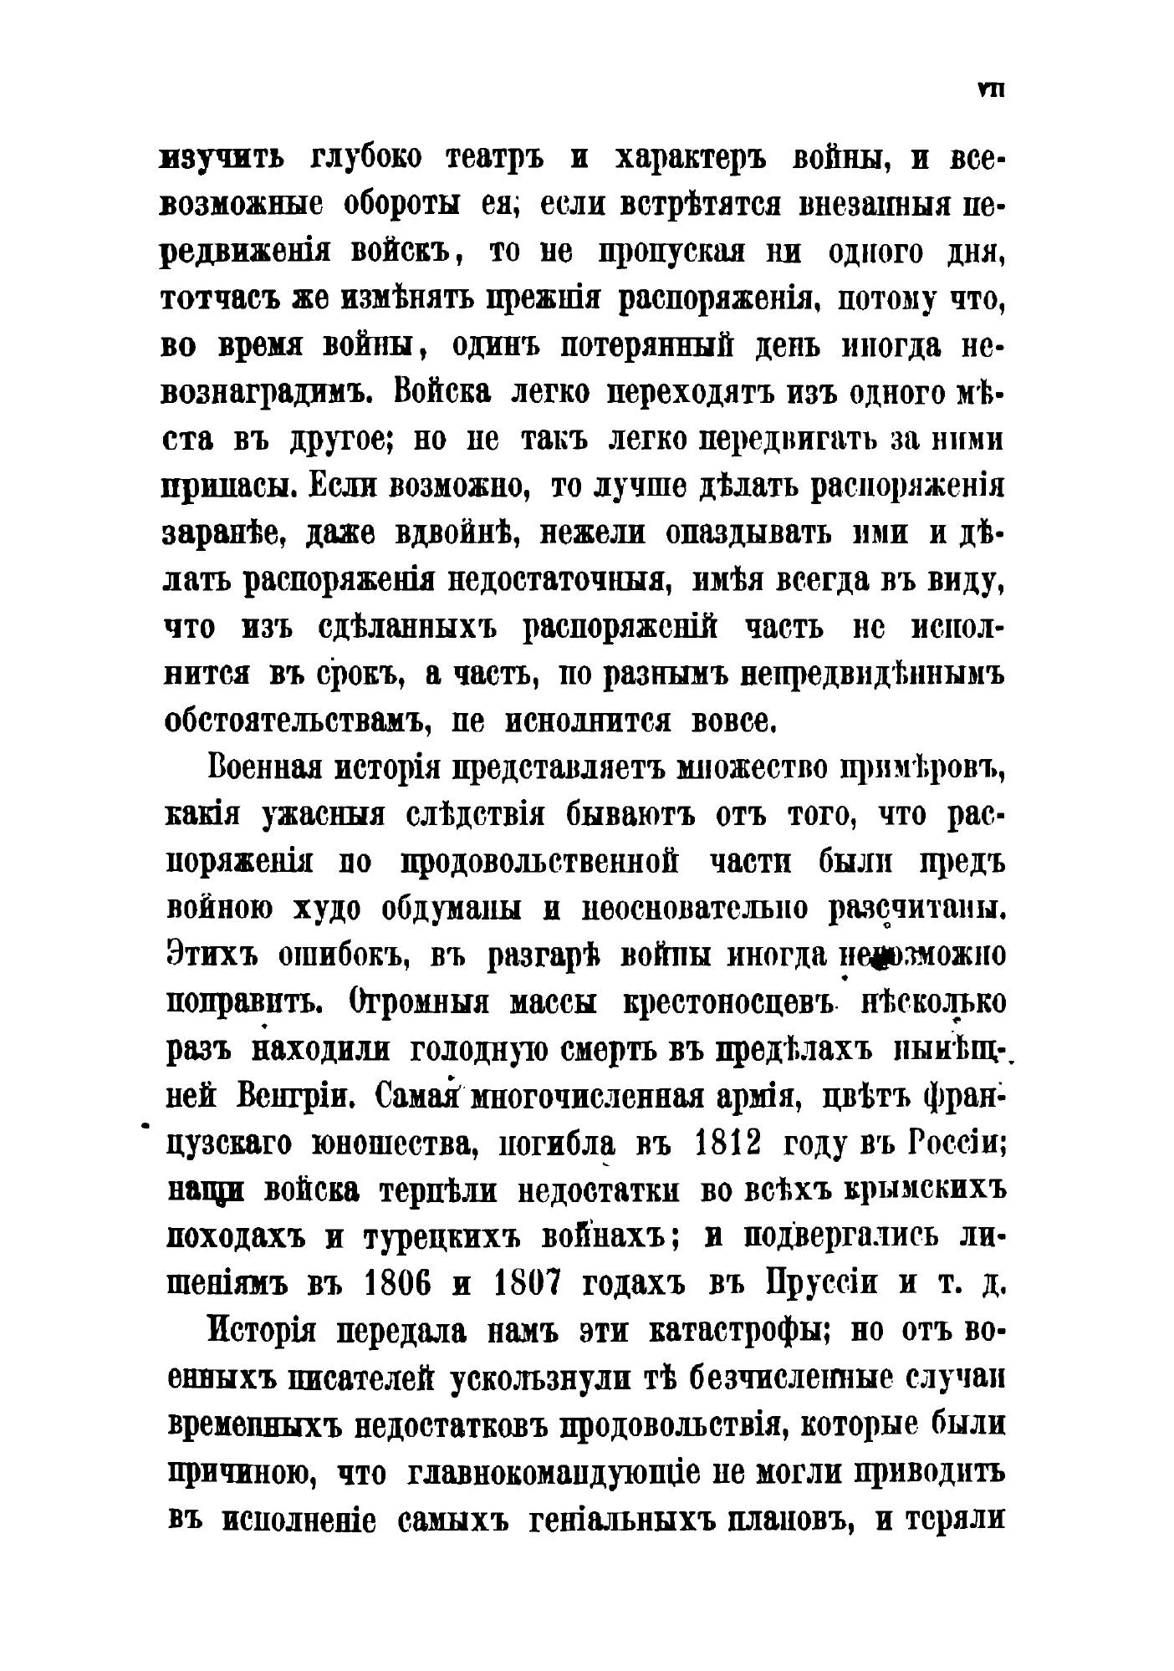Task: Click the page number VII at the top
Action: point(990,91)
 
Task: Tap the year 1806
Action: point(397,1284)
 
